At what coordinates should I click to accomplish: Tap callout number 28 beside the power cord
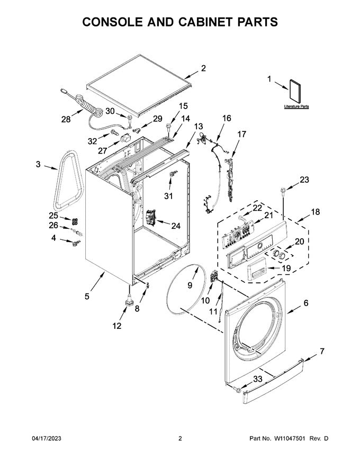(x=66, y=120)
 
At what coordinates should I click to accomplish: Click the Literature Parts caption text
(x=296, y=106)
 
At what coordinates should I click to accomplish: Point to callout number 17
(x=242, y=135)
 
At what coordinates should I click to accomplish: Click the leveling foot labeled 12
(x=129, y=300)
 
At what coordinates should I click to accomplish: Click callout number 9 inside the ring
(x=190, y=285)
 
